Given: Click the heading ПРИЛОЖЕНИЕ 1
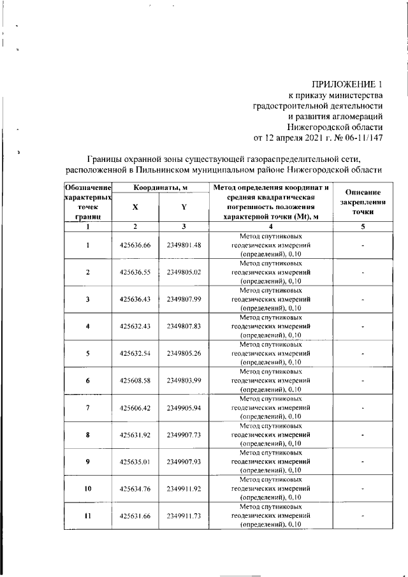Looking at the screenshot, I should point(347,84).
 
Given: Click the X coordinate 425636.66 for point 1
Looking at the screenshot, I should point(135,245).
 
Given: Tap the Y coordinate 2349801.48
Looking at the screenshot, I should point(184,245).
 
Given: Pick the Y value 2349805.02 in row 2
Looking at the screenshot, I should point(184,272).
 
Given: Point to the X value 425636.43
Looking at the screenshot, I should point(135,300).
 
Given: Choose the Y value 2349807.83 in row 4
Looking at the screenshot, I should point(184,326).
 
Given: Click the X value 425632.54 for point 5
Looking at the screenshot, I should point(135,353).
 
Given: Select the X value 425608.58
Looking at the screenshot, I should point(135,381).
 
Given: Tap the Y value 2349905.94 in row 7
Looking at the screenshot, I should point(184,407).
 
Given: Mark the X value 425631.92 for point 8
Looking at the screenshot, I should point(135,435).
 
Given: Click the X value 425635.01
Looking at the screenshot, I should point(135,462).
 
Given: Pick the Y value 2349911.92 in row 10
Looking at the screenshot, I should point(184,489).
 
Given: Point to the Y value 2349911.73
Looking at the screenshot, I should point(184,516).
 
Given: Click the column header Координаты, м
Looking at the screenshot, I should point(159,188).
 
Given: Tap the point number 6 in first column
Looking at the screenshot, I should point(88,381).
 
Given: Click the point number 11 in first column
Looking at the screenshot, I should point(88,516).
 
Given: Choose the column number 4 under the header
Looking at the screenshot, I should point(271,227).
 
